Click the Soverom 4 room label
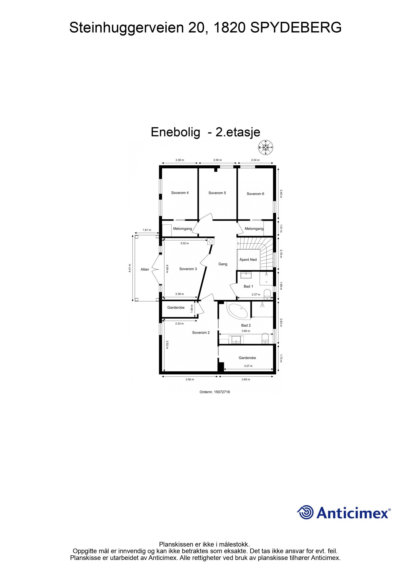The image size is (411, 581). click(180, 193)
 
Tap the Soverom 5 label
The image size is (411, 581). click(217, 193)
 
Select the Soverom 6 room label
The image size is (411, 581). click(255, 194)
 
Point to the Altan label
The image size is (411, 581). click(145, 269)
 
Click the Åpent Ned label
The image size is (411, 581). click(248, 260)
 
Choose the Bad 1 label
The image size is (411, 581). click(248, 286)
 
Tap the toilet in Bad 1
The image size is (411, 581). click(267, 294)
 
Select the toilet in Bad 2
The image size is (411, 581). click(265, 338)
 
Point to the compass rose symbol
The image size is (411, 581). click(266, 148)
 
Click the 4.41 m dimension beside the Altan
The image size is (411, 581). click(130, 268)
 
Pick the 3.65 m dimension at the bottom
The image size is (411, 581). click(246, 379)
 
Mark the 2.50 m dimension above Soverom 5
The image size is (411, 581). click(217, 160)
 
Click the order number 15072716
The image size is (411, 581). click(214, 392)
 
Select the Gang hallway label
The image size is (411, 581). click(223, 264)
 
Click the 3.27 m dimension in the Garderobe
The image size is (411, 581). click(248, 366)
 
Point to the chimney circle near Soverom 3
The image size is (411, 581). click(211, 241)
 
